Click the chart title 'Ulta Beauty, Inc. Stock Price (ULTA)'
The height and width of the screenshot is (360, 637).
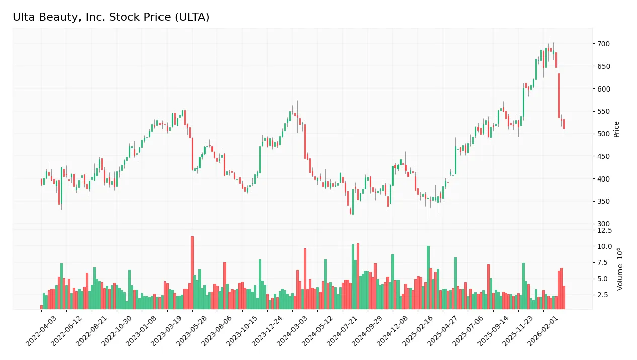click(111, 17)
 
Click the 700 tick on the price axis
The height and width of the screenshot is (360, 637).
click(603, 44)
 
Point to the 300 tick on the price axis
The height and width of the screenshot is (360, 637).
click(603, 224)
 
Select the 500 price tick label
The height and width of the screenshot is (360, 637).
click(603, 134)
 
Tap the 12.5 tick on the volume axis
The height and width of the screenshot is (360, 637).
click(604, 230)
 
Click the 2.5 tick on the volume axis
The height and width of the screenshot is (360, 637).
click(605, 294)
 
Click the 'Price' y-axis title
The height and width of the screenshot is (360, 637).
click(616, 129)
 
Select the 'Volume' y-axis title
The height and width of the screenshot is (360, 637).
click(620, 269)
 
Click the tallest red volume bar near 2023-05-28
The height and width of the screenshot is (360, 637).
click(192, 273)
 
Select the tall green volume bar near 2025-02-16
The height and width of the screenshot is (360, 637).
click(428, 277)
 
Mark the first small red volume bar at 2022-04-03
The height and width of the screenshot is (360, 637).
click(42, 307)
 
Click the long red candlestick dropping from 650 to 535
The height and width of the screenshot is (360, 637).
click(559, 96)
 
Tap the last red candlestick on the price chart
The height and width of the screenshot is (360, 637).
click(564, 124)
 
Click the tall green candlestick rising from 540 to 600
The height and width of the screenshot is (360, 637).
click(524, 102)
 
